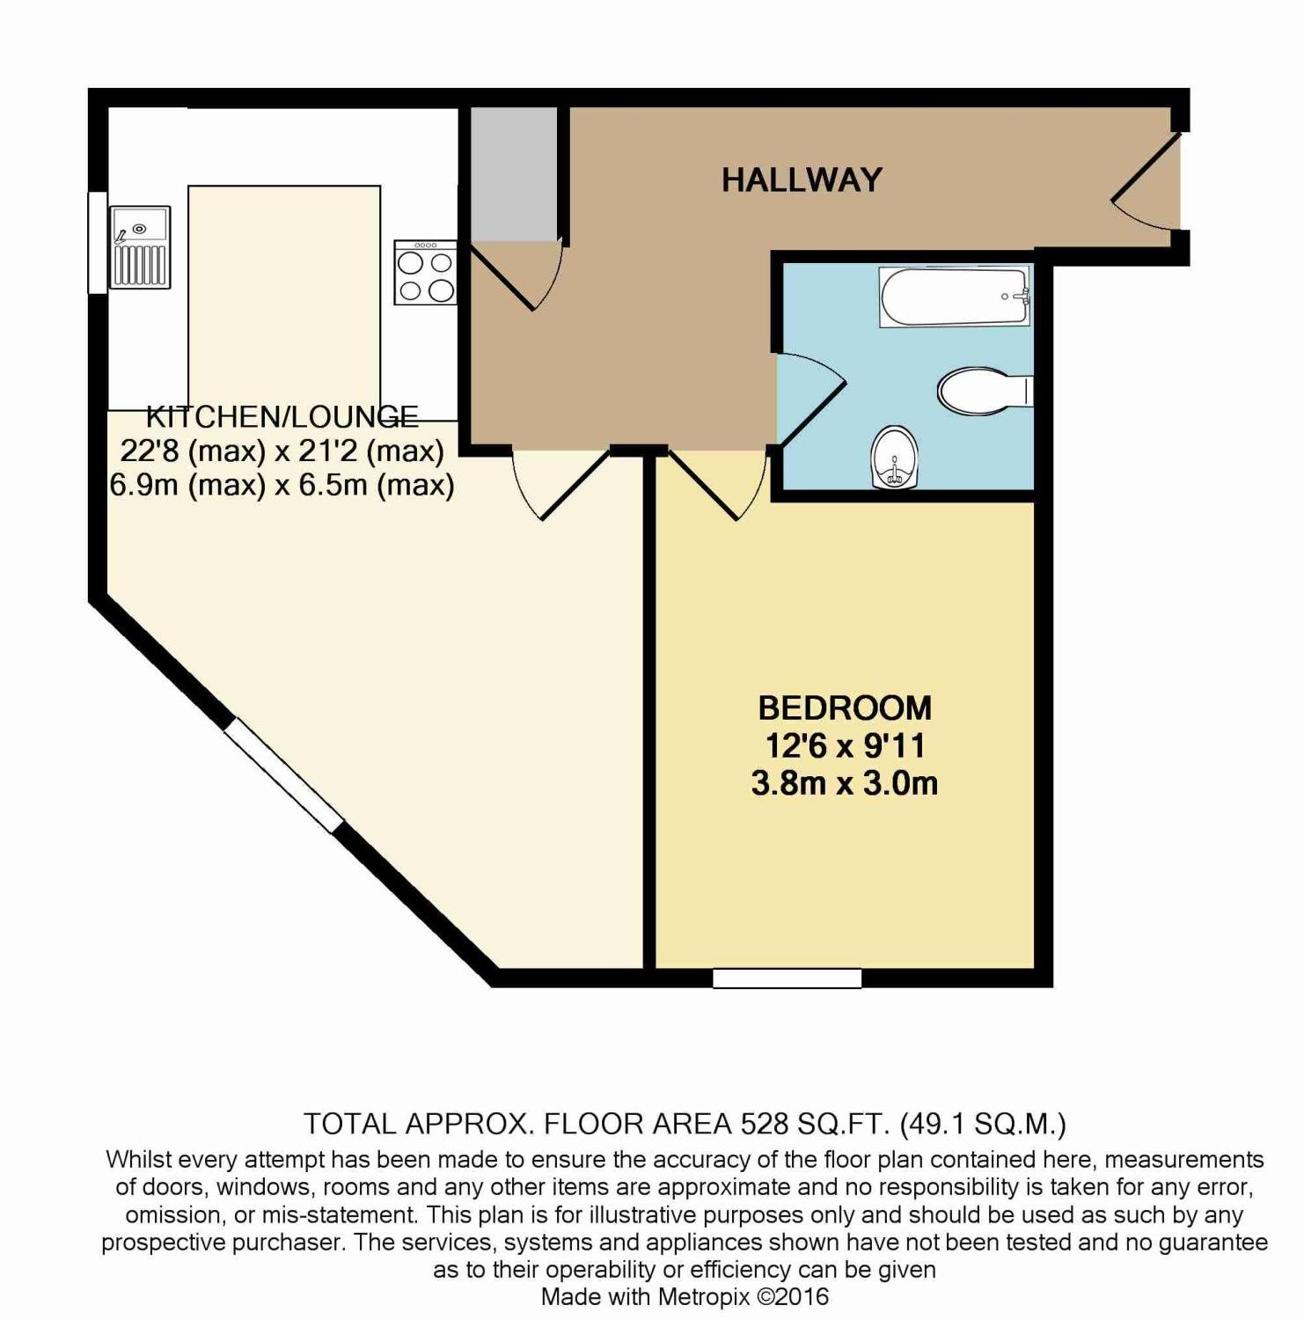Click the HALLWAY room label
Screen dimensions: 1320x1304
point(801,180)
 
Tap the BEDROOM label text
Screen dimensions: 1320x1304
point(844,708)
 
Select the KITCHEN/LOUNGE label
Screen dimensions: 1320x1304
point(282,416)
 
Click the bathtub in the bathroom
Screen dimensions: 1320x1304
point(955,297)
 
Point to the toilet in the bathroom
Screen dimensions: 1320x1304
point(981,392)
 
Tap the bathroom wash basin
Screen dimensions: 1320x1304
point(895,458)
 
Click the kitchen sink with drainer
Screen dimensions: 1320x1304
point(139,248)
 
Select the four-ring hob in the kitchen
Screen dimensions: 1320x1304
point(425,273)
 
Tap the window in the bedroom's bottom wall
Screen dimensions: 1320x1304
point(787,978)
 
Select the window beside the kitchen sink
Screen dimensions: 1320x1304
point(97,242)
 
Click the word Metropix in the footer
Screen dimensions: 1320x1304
point(705,1296)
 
